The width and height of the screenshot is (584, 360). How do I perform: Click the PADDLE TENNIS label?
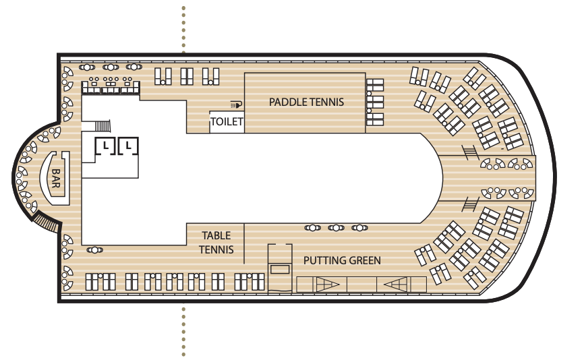tap(306, 102)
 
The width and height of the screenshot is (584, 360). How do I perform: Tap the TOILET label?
tap(226, 123)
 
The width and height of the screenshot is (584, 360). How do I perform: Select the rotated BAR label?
tap(55, 178)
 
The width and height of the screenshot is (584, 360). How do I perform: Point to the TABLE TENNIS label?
tap(216, 243)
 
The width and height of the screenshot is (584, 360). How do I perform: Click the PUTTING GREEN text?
tap(342, 260)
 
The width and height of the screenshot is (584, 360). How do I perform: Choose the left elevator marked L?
tap(106, 146)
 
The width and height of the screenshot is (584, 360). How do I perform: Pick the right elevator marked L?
tap(128, 146)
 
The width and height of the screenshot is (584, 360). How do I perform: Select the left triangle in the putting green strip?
tap(328, 285)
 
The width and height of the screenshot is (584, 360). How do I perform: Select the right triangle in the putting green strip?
tap(395, 285)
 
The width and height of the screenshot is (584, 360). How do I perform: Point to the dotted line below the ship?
tap(183, 330)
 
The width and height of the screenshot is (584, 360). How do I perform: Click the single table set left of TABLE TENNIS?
tap(95, 250)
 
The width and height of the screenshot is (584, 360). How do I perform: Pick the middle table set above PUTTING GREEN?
tap(336, 228)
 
